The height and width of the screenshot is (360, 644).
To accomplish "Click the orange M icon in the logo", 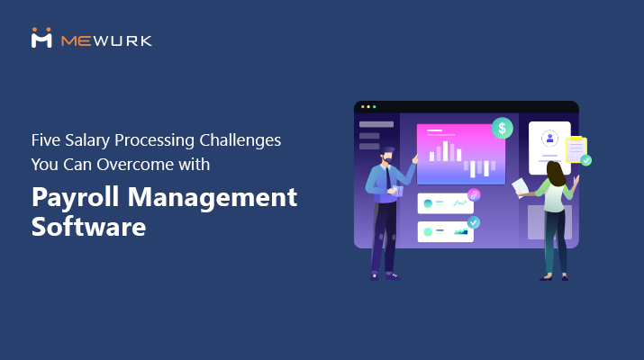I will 41,37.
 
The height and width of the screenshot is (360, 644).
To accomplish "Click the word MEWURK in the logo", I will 106,40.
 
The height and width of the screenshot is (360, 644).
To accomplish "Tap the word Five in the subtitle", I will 47,140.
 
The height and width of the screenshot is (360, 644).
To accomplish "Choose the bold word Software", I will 88,227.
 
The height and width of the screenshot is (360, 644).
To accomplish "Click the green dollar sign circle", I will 502,128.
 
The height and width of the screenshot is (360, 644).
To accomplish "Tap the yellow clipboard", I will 576,149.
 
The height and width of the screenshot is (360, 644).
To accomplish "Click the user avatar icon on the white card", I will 549,138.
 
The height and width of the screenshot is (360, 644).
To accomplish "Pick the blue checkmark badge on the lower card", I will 474,221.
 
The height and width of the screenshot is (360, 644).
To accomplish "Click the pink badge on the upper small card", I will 474,194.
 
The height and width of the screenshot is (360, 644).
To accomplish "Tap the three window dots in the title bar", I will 367,106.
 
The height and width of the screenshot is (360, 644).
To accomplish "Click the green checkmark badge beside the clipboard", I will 586,160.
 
